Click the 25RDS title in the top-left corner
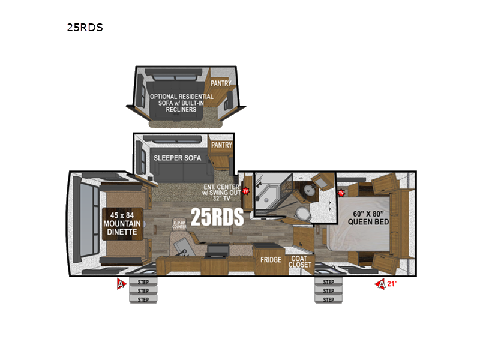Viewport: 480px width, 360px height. click(x=85, y=28)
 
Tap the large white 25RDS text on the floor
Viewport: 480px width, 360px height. click(x=217, y=217)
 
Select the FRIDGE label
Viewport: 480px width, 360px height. click(x=271, y=260)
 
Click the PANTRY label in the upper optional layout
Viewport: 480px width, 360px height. click(x=221, y=83)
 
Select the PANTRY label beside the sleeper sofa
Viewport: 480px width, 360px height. click(x=221, y=145)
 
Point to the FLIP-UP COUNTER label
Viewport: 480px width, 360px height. click(x=179, y=226)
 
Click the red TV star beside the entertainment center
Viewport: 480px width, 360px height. click(x=245, y=191)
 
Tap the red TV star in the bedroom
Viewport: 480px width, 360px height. click(x=341, y=193)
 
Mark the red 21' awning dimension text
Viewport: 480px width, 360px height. click(x=392, y=284)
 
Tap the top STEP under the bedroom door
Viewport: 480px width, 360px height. click(x=328, y=281)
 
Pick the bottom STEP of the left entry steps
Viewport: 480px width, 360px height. click(x=143, y=299)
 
